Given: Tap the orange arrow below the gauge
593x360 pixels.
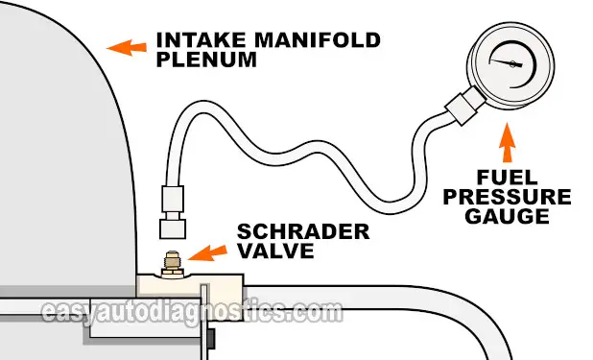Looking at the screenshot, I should click(508, 147).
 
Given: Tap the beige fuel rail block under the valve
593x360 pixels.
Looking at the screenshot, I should click(192, 284).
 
